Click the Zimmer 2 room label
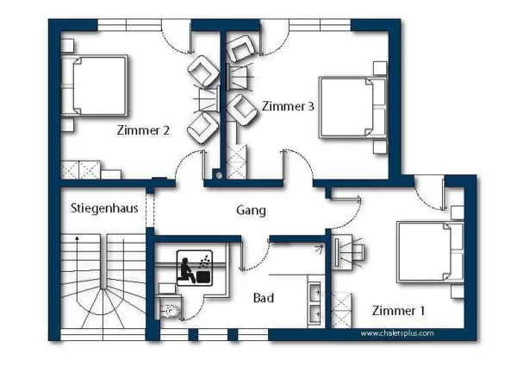(x=143, y=130)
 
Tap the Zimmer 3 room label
(x=288, y=106)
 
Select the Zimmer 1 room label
(x=398, y=311)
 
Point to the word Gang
(x=251, y=211)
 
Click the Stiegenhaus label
(x=104, y=208)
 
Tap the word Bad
(x=264, y=298)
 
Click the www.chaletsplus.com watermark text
(x=397, y=333)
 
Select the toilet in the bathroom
(x=170, y=311)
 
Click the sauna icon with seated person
(x=194, y=268)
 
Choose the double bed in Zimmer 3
(x=352, y=107)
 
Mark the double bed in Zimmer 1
(x=431, y=252)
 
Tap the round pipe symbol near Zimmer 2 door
(x=219, y=176)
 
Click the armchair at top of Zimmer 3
(x=240, y=49)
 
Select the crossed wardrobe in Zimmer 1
(x=341, y=310)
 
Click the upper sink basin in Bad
(x=315, y=293)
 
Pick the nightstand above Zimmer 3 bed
(x=380, y=68)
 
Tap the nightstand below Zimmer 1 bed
(x=458, y=291)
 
